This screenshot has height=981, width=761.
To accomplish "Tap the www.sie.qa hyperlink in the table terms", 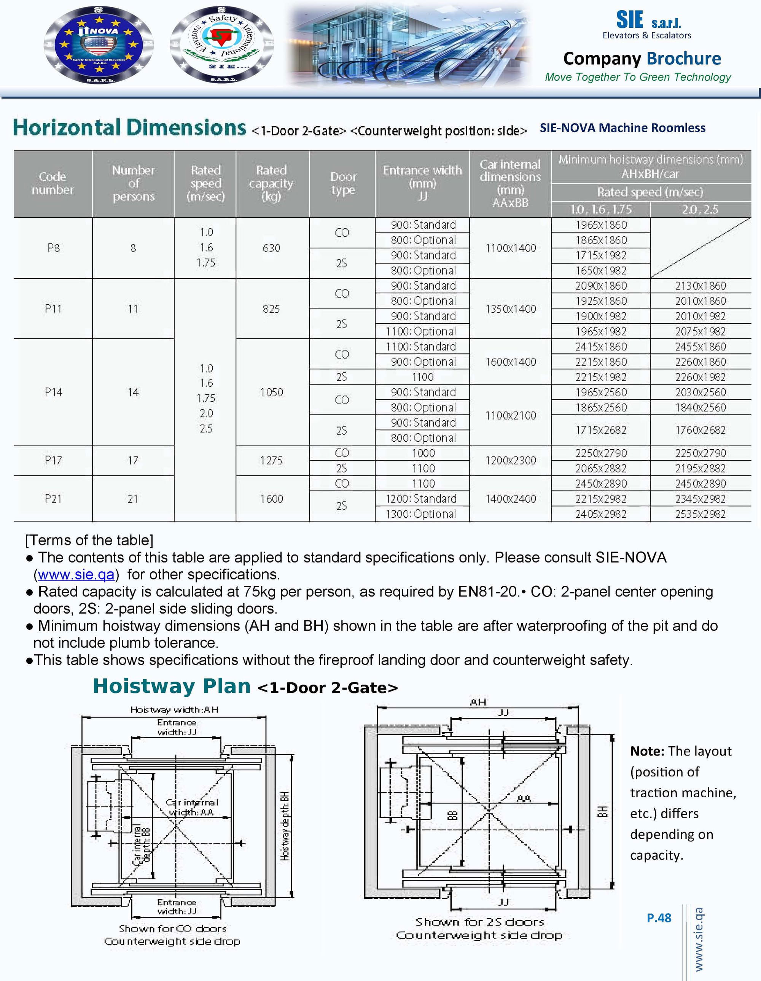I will pos(76,574).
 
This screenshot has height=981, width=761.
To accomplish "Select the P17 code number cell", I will pos(53,460).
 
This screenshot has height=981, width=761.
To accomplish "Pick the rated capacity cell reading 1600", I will pos(271,499).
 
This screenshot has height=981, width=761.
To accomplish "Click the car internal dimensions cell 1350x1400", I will pos(510,309).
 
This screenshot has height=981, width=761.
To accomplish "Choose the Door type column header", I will pos(343,183).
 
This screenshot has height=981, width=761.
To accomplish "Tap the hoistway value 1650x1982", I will pos(601,270).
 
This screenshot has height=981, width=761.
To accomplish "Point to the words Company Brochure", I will pos(642,59).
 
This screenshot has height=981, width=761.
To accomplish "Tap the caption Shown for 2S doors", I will pos(479,922).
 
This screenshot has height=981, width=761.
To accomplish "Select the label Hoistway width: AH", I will pos(174,710).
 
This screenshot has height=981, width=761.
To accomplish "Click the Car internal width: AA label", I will pos(192,807).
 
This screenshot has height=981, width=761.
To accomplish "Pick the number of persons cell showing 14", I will pos(133,392).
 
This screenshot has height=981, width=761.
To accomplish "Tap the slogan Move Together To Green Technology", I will pos(638,77).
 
